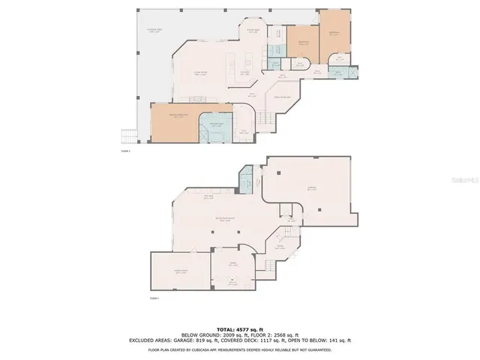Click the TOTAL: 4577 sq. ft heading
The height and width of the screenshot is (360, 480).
tap(240, 329)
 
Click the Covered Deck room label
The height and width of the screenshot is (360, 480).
tap(154, 31)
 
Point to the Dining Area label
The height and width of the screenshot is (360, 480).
tap(253, 30)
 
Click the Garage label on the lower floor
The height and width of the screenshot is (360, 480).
tap(311, 189)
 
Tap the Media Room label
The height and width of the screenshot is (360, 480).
tap(180, 271)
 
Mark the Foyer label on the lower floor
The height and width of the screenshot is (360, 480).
tap(280, 246)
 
